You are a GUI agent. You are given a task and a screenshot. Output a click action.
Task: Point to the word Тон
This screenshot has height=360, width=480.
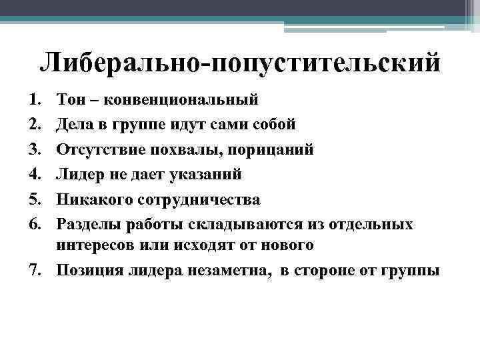pos(71,100)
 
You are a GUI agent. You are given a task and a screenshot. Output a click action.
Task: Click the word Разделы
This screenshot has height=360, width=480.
pos(87,225)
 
